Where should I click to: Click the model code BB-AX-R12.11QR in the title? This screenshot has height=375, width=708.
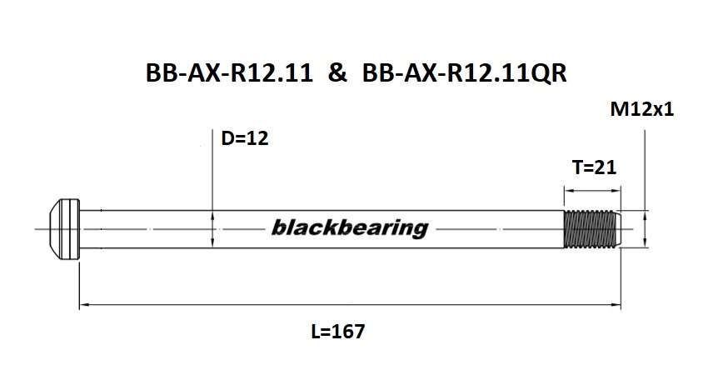coord(465,74)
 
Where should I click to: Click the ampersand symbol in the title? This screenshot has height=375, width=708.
coord(338,74)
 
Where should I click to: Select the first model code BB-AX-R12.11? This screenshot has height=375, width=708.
coord(230,74)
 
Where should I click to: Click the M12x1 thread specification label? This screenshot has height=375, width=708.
coord(642,109)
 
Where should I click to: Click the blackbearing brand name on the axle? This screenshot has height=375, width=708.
coord(349,227)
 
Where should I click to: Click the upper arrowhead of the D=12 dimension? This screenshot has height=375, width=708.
coord(214,213)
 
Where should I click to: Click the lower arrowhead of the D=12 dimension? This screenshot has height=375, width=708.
coord(214,242)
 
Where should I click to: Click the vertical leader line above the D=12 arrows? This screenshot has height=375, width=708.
coord(214,167)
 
